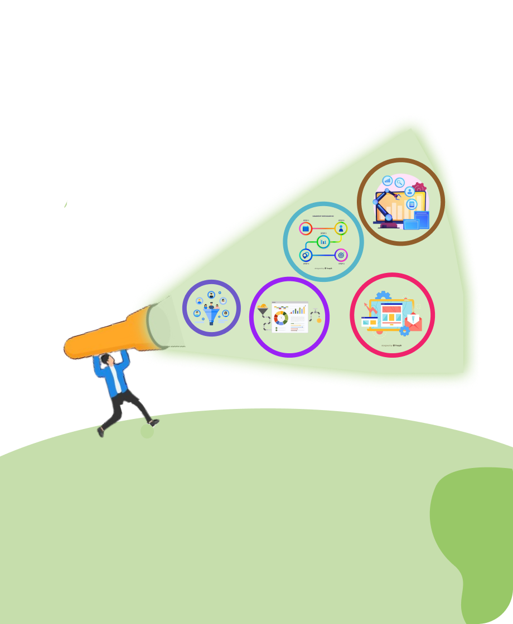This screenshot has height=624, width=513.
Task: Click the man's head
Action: (x=108, y=359)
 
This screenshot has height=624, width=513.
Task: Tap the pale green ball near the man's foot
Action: (x=147, y=431)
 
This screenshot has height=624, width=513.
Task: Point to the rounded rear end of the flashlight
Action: (x=69, y=348)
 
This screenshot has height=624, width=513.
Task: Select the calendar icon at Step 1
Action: (x=306, y=228)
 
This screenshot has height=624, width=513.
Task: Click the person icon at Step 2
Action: (x=341, y=228)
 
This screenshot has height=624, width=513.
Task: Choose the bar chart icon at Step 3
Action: (x=323, y=242)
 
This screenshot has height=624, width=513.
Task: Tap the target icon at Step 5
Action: (x=341, y=255)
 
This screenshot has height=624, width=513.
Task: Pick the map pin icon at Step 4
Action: (x=306, y=255)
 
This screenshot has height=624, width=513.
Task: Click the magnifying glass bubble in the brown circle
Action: (x=400, y=182)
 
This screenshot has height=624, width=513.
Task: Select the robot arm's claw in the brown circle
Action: (x=398, y=196)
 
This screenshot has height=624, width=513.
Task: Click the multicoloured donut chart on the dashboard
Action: (x=281, y=318)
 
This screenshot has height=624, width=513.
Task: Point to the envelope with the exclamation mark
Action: (x=413, y=321)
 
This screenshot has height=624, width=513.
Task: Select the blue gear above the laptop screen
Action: (x=383, y=296)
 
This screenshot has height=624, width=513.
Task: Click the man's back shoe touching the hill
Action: (x=101, y=431)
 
